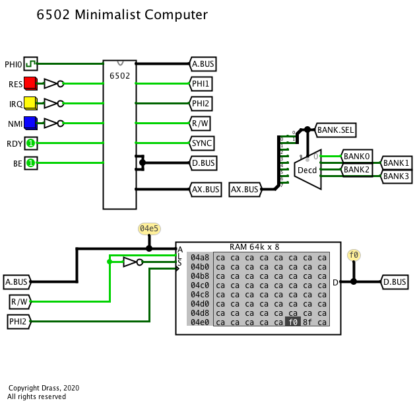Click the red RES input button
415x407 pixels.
click(x=30, y=84)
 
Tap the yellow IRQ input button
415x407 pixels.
click(x=30, y=104)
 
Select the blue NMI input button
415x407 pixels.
click(x=30, y=123)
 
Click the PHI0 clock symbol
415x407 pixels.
click(x=30, y=63)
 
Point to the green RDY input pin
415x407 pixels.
click(x=30, y=143)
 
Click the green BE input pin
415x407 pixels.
click(x=30, y=163)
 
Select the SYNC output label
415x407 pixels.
click(x=202, y=143)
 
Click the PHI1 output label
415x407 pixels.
click(x=202, y=84)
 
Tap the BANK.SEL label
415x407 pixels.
click(x=335, y=130)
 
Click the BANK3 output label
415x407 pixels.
click(x=397, y=176)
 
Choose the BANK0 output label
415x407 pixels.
click(x=357, y=157)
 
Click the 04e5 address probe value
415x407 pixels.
click(x=149, y=229)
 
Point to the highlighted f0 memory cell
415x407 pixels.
click(x=292, y=322)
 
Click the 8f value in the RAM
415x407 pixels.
click(x=307, y=322)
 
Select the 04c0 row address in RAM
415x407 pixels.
click(x=200, y=285)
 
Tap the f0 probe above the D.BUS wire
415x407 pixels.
click(x=354, y=255)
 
